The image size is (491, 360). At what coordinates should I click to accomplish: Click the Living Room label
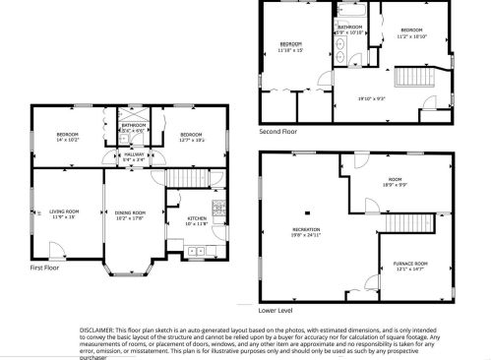click(x=65, y=210)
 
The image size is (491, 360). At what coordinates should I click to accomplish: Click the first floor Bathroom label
click(x=134, y=126)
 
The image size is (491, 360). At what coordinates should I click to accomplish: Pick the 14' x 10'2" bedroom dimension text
click(x=66, y=139)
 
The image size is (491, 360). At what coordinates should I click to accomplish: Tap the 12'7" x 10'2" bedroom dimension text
click(x=190, y=139)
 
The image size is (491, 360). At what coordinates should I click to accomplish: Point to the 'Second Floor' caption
click(x=277, y=130)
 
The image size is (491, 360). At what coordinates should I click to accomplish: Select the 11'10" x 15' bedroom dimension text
click(x=290, y=50)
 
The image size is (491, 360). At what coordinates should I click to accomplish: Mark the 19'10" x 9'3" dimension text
click(x=370, y=98)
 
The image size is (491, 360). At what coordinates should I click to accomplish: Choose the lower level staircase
click(x=400, y=225)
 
